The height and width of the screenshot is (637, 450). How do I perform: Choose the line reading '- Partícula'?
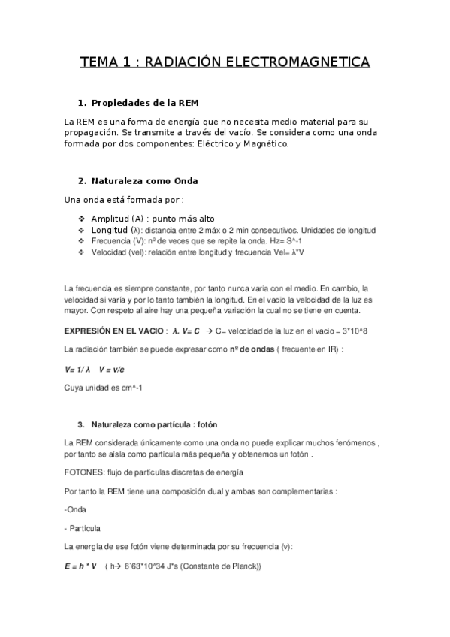tap(83, 528)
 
